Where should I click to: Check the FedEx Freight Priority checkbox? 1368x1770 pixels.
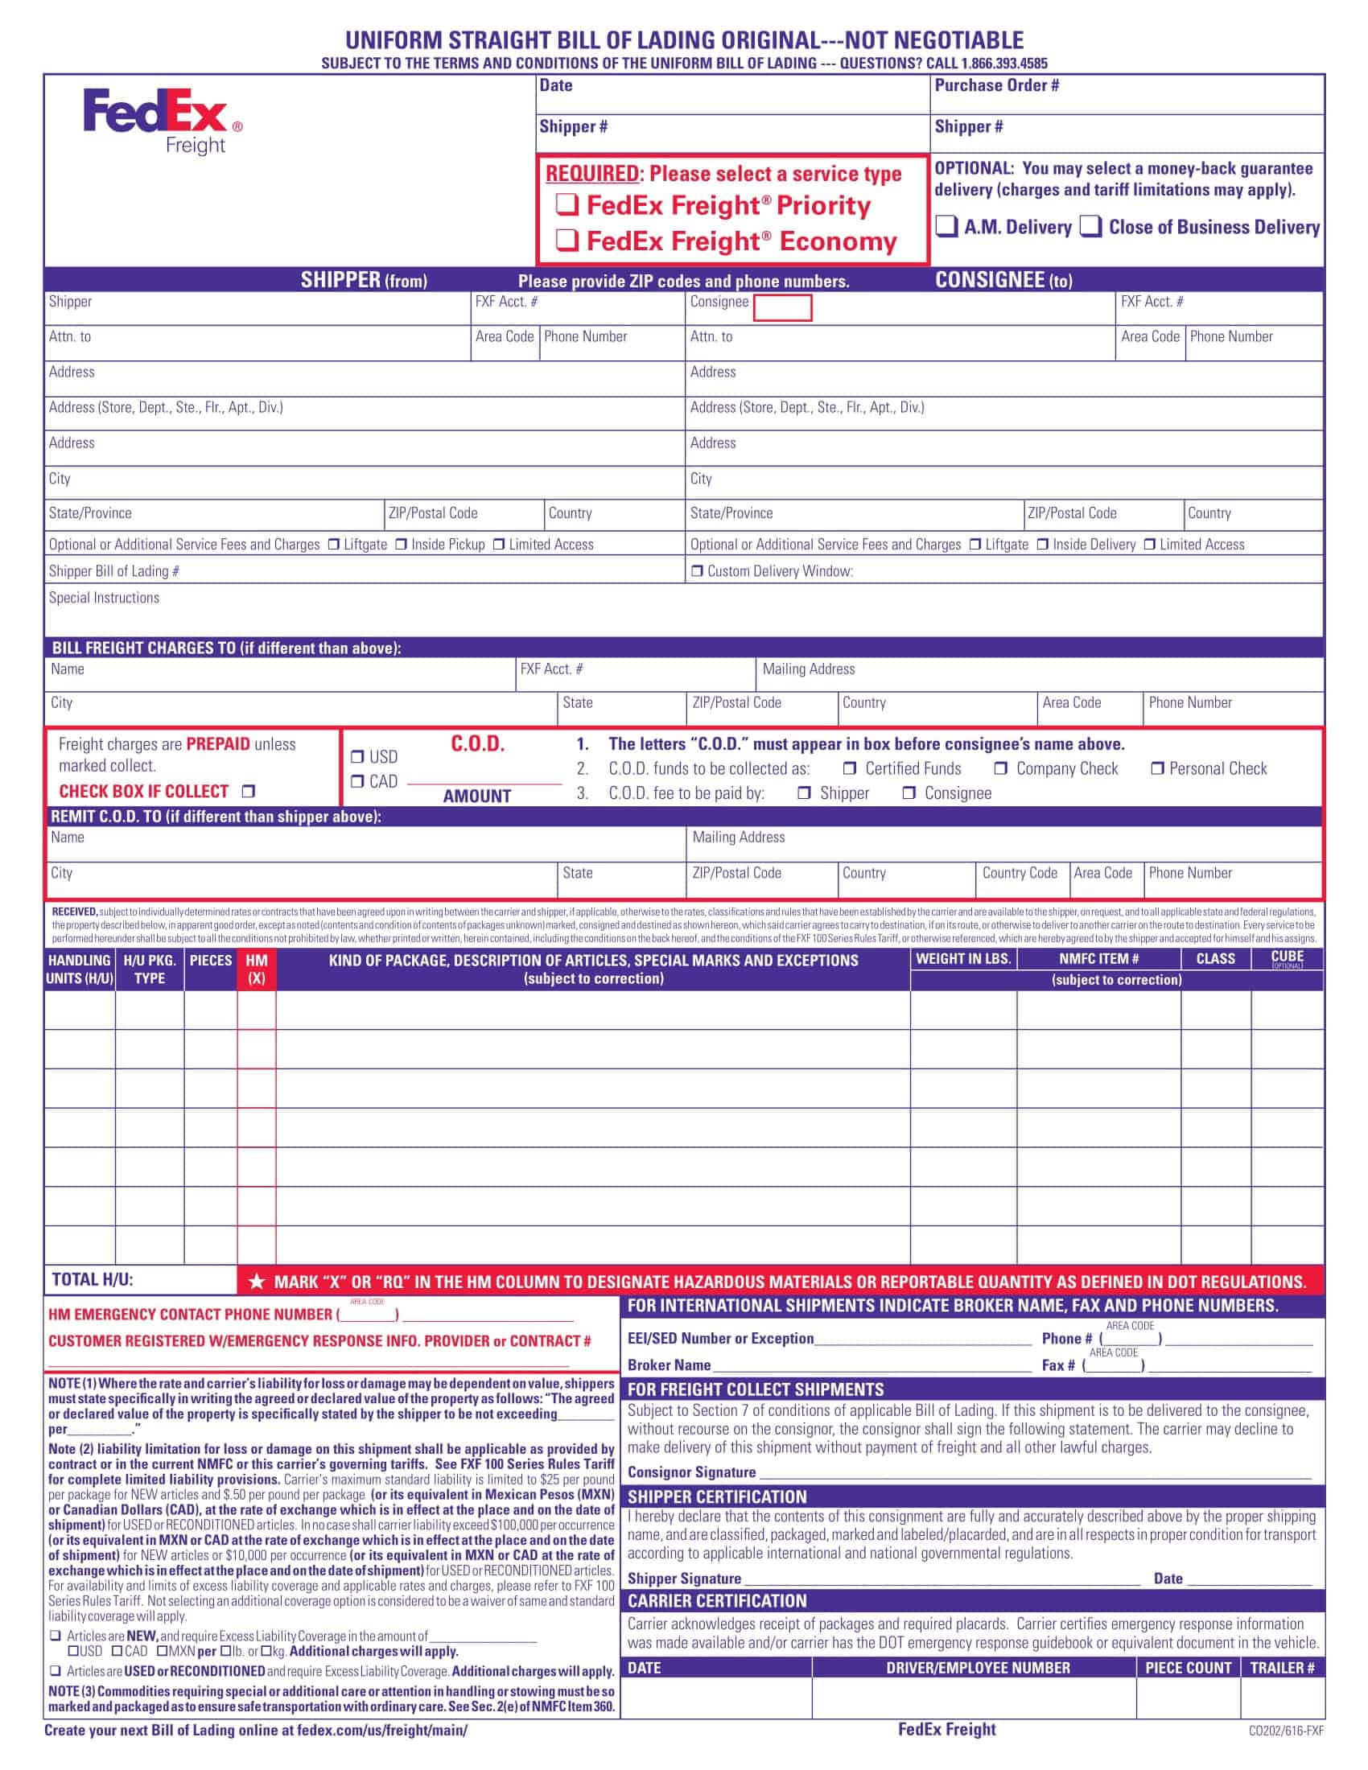pyautogui.click(x=567, y=205)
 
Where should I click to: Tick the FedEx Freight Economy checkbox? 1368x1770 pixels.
pyautogui.click(x=567, y=240)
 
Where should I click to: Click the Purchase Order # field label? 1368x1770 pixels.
pyautogui.click(x=996, y=86)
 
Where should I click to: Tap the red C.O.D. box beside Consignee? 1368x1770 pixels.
pyautogui.click(x=781, y=308)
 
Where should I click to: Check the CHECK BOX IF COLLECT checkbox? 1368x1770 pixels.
pyautogui.click(x=249, y=791)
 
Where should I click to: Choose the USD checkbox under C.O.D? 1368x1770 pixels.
pyautogui.click(x=357, y=757)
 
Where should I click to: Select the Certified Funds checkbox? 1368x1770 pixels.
pyautogui.click(x=848, y=768)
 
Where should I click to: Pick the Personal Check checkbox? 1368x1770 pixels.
pyautogui.click(x=1157, y=768)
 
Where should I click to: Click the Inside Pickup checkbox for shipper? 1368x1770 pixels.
pyautogui.click(x=402, y=545)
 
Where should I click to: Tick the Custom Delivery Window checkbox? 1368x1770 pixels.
pyautogui.click(x=697, y=571)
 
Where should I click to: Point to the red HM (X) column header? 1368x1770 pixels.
pyautogui.click(x=256, y=969)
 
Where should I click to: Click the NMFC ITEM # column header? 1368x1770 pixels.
pyautogui.click(x=1098, y=959)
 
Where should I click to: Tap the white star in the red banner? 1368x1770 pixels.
pyautogui.click(x=257, y=1282)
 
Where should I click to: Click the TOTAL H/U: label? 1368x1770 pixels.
pyautogui.click(x=93, y=1280)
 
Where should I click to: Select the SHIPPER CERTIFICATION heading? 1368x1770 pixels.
pyautogui.click(x=716, y=1497)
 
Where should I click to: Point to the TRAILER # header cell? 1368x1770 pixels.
pyautogui.click(x=1281, y=1668)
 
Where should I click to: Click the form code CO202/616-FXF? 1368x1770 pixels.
pyautogui.click(x=1285, y=1731)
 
